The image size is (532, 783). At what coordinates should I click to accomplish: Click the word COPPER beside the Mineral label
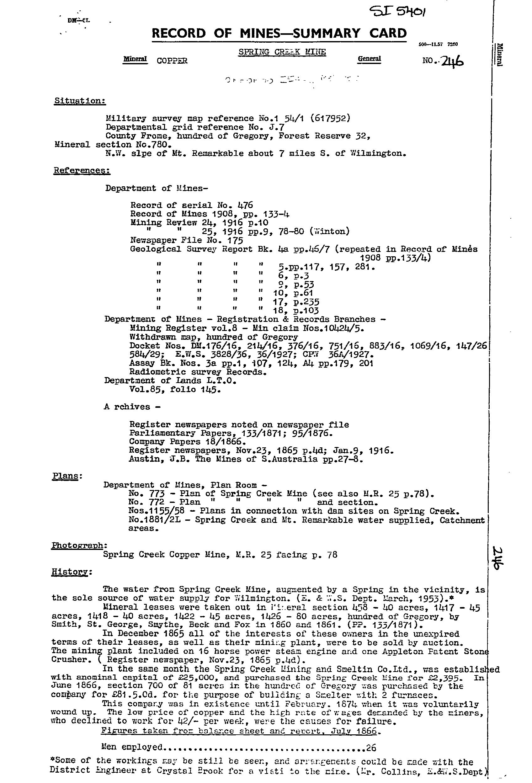coord(172,61)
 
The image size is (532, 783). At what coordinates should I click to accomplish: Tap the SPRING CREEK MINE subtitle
coord(282,52)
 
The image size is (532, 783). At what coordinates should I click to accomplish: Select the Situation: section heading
coord(80,101)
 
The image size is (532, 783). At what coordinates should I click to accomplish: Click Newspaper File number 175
coord(233,240)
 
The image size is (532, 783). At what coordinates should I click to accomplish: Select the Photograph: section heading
coord(79,546)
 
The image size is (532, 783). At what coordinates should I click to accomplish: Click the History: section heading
coord(72,572)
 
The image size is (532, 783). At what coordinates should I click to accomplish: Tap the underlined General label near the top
coord(369,59)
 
